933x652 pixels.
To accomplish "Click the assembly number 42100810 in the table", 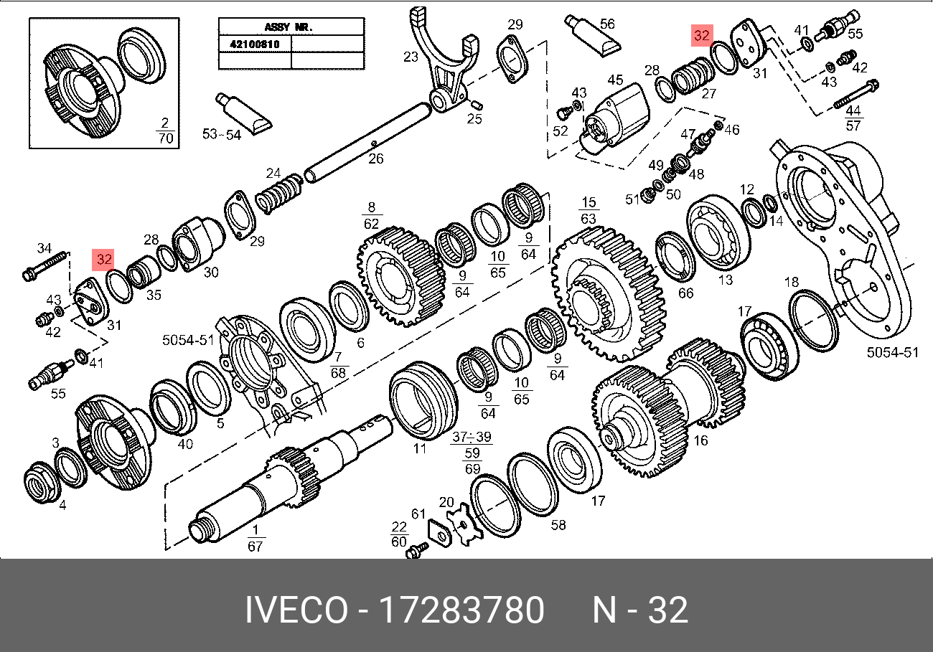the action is coord(255,44).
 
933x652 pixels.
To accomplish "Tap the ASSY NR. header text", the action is coord(289,27).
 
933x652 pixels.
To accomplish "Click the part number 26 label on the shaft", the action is coord(375,159).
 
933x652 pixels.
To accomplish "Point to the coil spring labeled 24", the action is coord(278,193).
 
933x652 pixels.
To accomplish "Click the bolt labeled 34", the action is coord(44,265).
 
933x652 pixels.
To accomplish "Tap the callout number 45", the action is coord(615,80).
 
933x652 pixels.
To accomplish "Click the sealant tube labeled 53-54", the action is coord(243,113).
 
